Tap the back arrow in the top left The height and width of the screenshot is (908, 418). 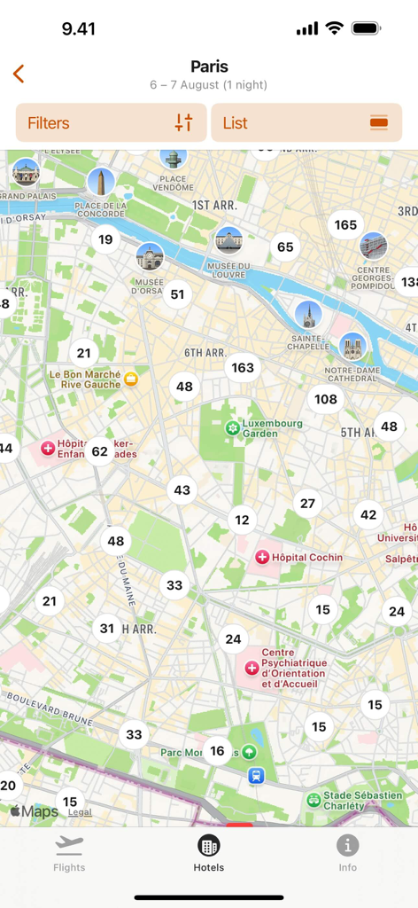point(19,74)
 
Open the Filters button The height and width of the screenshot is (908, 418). point(111,123)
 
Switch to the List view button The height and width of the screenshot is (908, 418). point(306,123)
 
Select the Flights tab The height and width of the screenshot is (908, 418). point(69,853)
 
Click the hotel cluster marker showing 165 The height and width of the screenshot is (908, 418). point(345,224)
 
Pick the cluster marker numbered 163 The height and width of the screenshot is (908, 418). point(243,367)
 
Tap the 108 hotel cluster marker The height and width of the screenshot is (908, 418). point(326,399)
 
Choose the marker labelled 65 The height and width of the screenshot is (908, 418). point(285,247)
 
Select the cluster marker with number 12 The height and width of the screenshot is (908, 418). point(243,520)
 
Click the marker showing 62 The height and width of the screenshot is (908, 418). point(99,451)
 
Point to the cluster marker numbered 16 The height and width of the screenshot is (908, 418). point(218,751)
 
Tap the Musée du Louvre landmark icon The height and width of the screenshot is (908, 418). point(228,240)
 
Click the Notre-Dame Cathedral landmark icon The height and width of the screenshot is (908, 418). point(352,347)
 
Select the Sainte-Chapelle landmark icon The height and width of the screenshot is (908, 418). point(308,314)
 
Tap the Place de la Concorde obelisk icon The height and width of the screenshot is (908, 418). point(101,183)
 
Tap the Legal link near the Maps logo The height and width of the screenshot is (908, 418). point(80,811)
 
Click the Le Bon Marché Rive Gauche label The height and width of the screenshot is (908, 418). point(85,380)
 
